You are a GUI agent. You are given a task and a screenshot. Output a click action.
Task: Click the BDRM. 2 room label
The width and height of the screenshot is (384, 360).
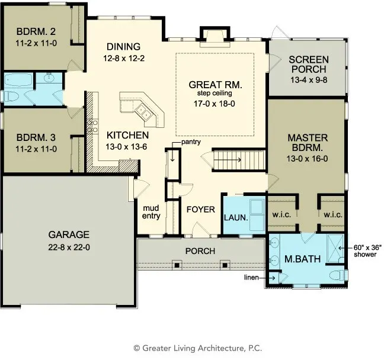coord(36,31)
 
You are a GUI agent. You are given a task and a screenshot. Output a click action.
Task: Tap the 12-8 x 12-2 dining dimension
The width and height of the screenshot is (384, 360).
coord(124,58)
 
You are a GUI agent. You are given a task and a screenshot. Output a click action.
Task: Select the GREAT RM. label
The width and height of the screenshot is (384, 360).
coord(215,85)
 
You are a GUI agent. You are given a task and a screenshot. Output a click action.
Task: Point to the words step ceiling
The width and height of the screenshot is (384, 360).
coord(215,93)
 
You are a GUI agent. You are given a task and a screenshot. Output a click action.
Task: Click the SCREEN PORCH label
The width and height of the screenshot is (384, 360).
coord(309,65)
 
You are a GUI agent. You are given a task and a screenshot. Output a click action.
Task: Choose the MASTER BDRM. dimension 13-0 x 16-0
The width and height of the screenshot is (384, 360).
coord(307,159)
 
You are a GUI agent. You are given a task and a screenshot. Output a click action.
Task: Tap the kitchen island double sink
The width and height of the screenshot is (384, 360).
coord(143,112)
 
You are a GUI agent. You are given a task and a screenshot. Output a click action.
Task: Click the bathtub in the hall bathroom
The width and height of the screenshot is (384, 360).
coord(18,81)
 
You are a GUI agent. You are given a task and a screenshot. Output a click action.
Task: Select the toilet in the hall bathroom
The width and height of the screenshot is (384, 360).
coord(11,96)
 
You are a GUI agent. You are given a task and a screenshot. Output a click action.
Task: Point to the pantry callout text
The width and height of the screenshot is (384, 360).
coord(191,142)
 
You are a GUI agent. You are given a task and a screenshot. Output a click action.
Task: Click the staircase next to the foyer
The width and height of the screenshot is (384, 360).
coord(239,160)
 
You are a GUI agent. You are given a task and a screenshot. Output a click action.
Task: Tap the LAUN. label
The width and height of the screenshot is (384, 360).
coord(236,217)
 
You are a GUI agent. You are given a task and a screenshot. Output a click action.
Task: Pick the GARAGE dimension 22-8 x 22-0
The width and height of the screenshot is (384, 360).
coord(69,247)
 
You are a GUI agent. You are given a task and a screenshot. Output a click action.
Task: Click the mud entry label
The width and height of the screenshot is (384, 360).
coord(151,212)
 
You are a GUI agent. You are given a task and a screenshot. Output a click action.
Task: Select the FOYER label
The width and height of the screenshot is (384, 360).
coord(201,210)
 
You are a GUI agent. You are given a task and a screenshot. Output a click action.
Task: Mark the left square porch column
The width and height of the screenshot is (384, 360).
coord(177,265)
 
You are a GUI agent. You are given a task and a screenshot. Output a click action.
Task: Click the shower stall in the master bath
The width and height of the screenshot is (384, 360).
coord(335,249)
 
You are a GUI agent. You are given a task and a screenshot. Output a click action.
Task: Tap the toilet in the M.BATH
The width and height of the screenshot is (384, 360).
coord(338,275)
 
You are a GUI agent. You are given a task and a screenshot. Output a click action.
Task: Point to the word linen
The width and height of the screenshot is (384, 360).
coord(251,278)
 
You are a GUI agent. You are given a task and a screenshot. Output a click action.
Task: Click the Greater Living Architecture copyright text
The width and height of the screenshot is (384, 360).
coord(198,348)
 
